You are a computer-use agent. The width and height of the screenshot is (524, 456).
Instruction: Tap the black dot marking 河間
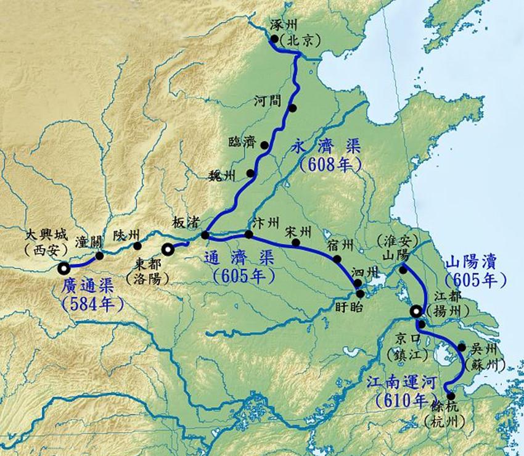coord(293,108)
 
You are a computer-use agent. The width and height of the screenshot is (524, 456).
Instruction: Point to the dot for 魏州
coord(251,173)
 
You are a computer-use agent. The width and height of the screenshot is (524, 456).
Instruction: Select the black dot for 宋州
coord(297,243)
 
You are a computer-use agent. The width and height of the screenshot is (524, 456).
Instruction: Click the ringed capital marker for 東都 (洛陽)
coord(167,249)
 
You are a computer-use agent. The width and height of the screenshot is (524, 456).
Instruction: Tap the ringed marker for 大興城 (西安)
coord(63,268)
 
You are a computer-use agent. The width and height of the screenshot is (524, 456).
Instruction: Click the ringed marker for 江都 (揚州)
coord(416,312)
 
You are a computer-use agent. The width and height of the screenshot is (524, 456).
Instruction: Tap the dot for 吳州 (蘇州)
coord(462,347)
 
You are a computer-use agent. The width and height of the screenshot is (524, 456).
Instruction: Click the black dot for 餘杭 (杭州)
coord(451,396)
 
